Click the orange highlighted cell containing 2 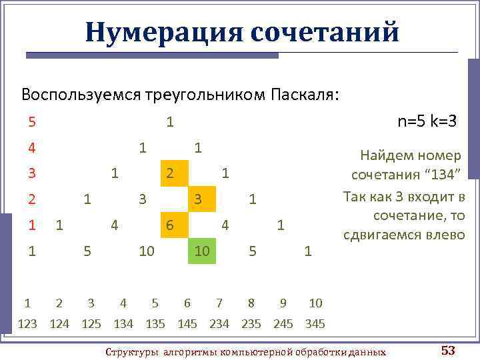[170, 173]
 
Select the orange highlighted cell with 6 [170, 225]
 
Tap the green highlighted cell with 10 [202, 251]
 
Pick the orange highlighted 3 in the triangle [199, 199]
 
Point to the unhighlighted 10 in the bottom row [147, 251]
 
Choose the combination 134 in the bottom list [123, 324]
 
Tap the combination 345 [315, 324]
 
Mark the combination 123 [27, 324]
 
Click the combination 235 [251, 324]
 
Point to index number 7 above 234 [219, 303]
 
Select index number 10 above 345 [315, 303]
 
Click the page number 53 [448, 350]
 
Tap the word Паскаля [304, 94]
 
